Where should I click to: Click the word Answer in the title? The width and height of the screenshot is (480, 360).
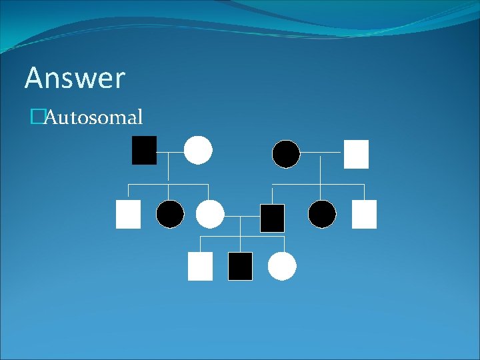coord(75,79)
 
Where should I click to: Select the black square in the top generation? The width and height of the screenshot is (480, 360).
coord(144,150)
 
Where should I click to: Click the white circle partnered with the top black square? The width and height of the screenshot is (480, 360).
coord(198,150)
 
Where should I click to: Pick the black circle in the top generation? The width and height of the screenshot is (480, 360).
coord(286,154)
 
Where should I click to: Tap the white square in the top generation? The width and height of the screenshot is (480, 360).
coord(356,154)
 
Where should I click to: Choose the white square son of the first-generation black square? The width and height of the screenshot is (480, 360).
coord(128,215)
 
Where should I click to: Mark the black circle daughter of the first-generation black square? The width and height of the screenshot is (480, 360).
coord(170,214)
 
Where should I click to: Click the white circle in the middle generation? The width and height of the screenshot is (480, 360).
coord(210,214)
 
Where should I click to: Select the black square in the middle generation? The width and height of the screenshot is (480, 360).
coord(272,218)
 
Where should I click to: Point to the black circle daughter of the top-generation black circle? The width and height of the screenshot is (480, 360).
coord(322,214)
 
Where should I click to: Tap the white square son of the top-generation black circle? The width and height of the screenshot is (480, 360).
coord(364,215)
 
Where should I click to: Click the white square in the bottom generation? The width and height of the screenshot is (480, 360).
coord(200,266)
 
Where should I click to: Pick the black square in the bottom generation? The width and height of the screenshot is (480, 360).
coord(240,266)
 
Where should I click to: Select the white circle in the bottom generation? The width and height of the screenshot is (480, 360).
coord(282,266)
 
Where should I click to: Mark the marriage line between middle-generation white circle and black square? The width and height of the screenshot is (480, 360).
coord(242,216)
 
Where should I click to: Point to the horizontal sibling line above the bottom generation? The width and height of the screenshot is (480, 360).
coord(242,236)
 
